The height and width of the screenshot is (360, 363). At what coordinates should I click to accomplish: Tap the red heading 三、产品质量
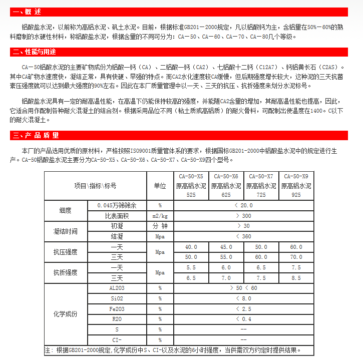(x=36, y=135)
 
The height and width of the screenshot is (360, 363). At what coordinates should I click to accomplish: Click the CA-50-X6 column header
(x=226, y=176)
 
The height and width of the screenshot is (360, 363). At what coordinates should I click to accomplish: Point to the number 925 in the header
(x=296, y=195)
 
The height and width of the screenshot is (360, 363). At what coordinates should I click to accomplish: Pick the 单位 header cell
(x=160, y=186)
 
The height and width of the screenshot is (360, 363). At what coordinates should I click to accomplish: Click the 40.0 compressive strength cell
(x=191, y=247)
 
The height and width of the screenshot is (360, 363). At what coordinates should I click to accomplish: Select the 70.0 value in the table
(x=296, y=257)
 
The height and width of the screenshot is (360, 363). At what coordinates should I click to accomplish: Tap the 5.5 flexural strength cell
(x=191, y=268)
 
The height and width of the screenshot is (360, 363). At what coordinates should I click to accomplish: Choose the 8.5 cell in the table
(x=296, y=278)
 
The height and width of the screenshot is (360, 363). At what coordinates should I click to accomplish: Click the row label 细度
(x=65, y=210)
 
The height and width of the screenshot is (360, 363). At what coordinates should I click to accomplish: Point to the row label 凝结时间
(x=65, y=231)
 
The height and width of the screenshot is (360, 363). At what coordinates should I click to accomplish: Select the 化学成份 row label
(x=65, y=314)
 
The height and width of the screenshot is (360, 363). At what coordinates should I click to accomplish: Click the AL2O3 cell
(x=116, y=288)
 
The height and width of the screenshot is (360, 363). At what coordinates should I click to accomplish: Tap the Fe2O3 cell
(x=116, y=309)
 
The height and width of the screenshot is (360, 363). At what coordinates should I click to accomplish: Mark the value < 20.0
(x=243, y=206)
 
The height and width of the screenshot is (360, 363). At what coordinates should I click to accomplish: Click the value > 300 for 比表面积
(x=243, y=216)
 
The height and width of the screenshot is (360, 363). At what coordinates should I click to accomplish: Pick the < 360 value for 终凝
(x=243, y=236)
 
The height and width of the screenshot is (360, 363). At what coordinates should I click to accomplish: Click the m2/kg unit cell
(x=160, y=216)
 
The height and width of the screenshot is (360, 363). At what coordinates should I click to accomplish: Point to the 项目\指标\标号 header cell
(x=95, y=186)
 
